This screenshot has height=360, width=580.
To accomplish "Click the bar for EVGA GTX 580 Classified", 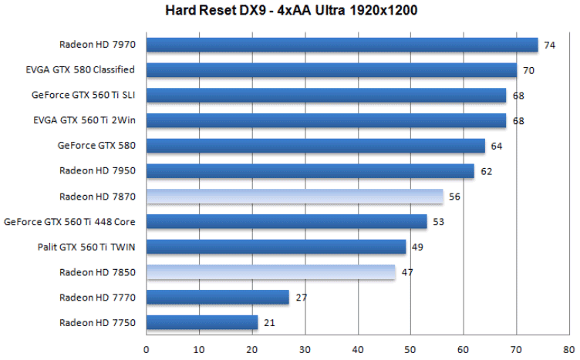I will [x=332, y=70].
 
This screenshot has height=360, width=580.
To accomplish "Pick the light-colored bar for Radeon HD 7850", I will [x=271, y=272].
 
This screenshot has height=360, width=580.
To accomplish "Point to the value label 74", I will [x=549, y=45].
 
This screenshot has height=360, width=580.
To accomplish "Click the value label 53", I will [x=438, y=222].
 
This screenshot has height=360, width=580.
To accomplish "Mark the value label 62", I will [x=486, y=171].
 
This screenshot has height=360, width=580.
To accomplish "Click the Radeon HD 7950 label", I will [x=96, y=170].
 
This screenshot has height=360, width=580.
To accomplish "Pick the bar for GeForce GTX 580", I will [x=316, y=146].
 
